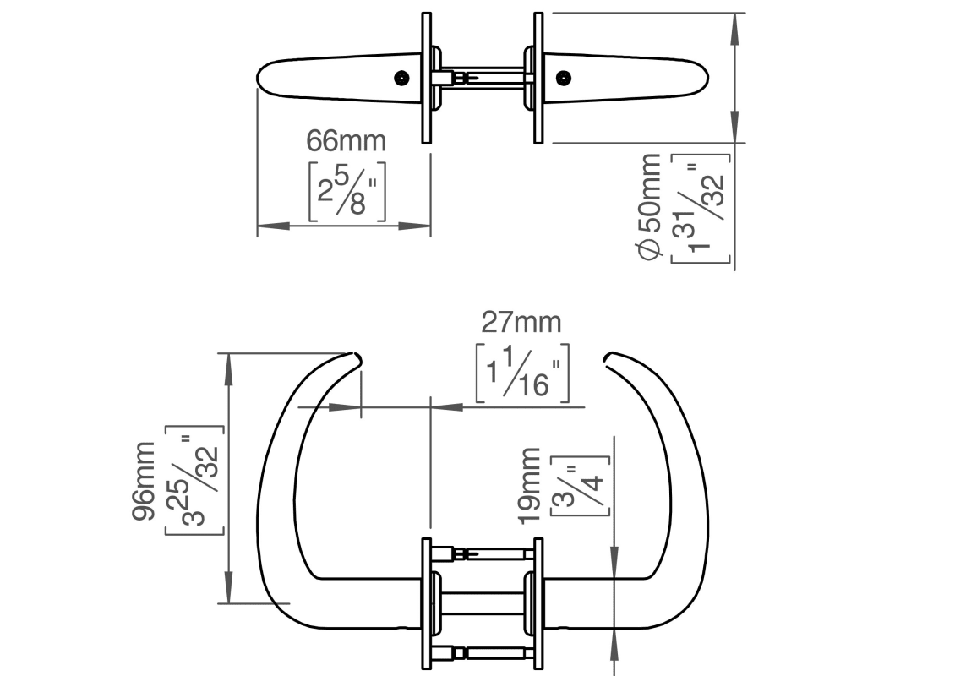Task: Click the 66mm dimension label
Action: click(346, 140)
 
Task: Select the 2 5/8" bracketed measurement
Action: click(347, 191)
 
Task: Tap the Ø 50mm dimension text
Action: click(649, 206)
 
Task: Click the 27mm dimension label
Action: click(521, 322)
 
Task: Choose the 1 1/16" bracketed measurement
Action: click(522, 373)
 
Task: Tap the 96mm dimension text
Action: click(143, 481)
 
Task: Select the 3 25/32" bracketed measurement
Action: click(194, 481)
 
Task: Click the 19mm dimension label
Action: click(530, 485)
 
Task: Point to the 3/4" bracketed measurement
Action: click(580, 485)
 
